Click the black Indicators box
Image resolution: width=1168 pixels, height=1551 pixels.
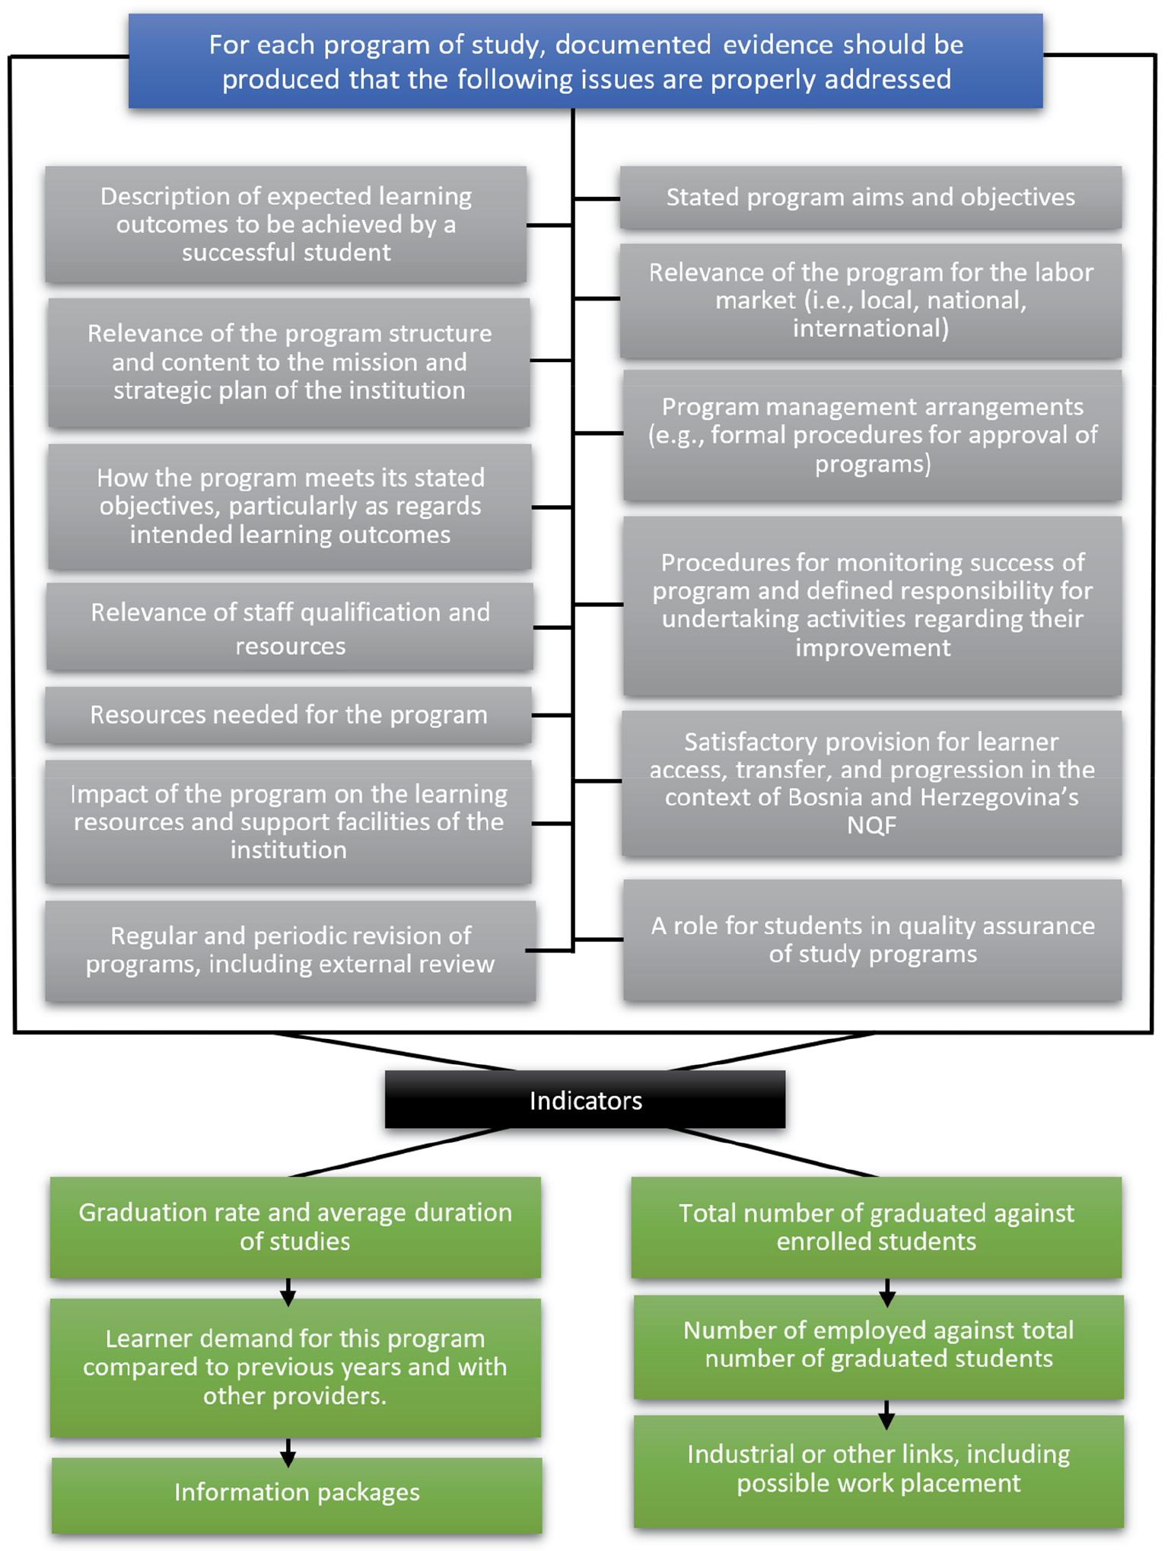click(584, 1099)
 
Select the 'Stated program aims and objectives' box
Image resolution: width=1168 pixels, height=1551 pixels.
click(870, 198)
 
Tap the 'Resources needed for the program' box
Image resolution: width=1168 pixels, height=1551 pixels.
click(288, 715)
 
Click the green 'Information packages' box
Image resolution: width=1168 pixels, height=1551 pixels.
click(297, 1493)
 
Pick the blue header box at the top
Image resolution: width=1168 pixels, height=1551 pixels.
click(585, 62)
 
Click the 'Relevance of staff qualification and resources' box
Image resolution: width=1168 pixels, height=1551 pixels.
click(289, 628)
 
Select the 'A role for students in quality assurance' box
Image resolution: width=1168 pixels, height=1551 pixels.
click(872, 939)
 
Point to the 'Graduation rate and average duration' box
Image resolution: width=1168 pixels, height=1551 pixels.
click(295, 1226)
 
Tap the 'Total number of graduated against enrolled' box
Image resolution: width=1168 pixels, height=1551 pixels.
click(876, 1226)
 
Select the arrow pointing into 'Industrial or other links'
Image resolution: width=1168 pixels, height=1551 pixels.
click(886, 1415)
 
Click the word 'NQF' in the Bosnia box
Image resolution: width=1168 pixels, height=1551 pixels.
click(871, 825)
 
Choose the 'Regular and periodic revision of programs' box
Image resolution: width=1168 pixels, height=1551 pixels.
click(290, 950)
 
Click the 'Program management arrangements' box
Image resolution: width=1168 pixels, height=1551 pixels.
click(872, 435)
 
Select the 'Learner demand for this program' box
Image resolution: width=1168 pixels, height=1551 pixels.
click(295, 1367)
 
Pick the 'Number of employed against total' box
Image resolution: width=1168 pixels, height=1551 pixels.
click(879, 1345)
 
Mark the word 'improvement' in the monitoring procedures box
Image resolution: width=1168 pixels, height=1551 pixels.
click(873, 648)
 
